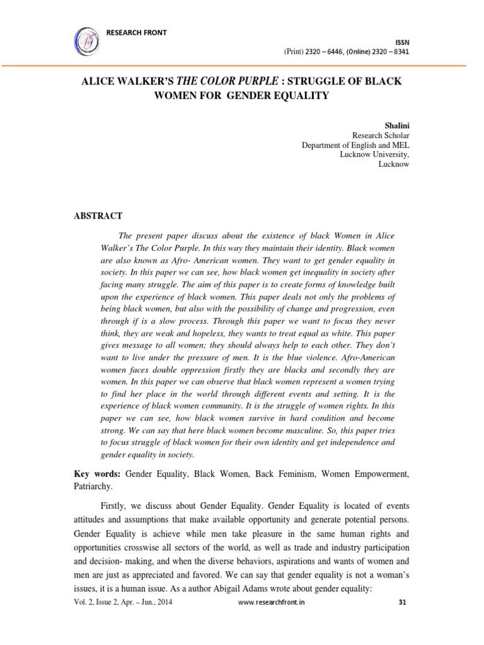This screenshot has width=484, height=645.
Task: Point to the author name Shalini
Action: [396, 125]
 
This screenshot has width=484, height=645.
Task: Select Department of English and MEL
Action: [355, 145]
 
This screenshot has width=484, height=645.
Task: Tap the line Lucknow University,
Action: [379, 154]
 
